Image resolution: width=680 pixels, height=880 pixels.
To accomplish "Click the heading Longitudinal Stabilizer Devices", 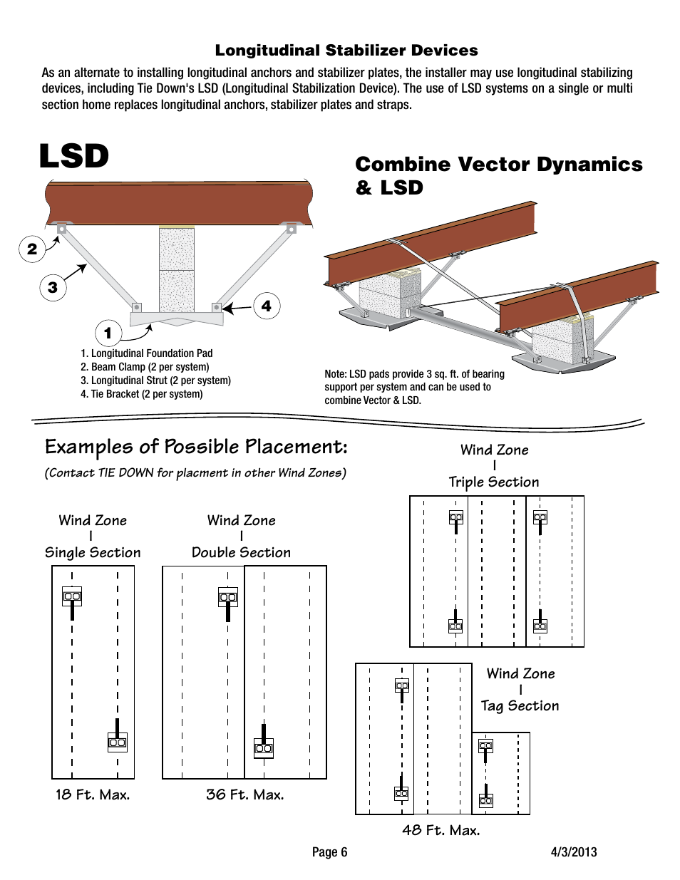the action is click(x=346, y=51).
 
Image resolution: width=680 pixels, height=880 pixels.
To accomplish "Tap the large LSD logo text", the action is click(x=74, y=156).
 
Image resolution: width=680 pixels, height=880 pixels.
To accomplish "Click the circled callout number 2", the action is click(x=32, y=249).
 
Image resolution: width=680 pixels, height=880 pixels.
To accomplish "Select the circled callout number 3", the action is click(x=53, y=287).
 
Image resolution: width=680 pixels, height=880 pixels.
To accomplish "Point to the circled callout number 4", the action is click(x=267, y=306).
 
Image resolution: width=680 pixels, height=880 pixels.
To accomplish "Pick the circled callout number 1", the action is click(x=108, y=333).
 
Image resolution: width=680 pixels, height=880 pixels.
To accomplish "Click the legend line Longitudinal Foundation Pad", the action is click(x=147, y=353).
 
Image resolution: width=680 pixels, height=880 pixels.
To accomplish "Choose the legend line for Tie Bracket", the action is click(x=142, y=394).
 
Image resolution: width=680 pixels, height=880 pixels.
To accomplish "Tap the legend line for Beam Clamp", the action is click(x=145, y=367).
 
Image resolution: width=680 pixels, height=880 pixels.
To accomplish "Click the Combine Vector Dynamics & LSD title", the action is click(x=498, y=175).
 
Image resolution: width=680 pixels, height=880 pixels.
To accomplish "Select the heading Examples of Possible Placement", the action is click(x=196, y=447).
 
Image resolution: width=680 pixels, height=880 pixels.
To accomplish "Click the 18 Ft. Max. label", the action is click(x=93, y=794).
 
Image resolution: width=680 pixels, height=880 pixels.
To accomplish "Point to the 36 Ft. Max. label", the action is click(x=244, y=794).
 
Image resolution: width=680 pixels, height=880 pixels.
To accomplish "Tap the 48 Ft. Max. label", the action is click(x=441, y=830).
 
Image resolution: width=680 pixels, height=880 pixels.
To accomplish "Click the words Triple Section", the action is click(x=494, y=482).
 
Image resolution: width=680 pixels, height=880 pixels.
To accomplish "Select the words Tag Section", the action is click(x=520, y=705).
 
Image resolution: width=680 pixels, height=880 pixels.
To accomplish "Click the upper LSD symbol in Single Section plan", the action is click(x=72, y=596).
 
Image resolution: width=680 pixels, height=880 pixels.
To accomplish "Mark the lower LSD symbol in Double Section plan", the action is click(x=264, y=748).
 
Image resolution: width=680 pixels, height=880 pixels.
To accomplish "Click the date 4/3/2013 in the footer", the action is click(x=574, y=852).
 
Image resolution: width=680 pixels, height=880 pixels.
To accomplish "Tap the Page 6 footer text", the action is click(x=329, y=852).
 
